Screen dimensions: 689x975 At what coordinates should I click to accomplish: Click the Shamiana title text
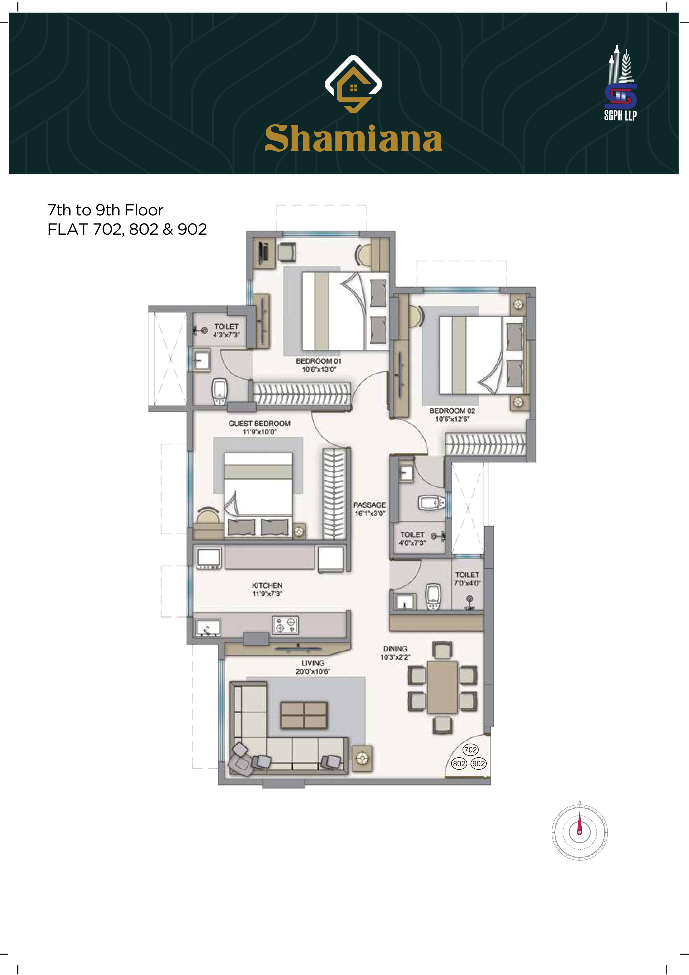coord(353,138)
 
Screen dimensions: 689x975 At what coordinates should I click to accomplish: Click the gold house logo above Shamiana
coord(353,84)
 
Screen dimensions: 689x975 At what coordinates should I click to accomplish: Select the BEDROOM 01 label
coord(319,365)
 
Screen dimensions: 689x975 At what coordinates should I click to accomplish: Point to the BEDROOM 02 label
coord(452,415)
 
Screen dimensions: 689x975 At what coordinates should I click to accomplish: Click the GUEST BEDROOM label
coord(259,428)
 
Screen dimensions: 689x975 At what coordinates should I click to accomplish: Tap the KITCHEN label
coord(267,589)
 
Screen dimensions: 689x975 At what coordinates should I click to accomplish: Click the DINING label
coord(395,653)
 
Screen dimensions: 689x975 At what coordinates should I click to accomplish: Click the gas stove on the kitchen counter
coord(285,625)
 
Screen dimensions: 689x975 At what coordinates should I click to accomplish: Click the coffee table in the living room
coord(304,715)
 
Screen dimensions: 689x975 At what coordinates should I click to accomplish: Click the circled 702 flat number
coord(470,749)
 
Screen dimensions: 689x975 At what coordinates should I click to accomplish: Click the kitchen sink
coord(208,628)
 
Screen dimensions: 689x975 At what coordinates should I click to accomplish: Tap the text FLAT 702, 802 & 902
coord(127,229)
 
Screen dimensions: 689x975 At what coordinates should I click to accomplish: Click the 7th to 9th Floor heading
coord(105,210)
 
